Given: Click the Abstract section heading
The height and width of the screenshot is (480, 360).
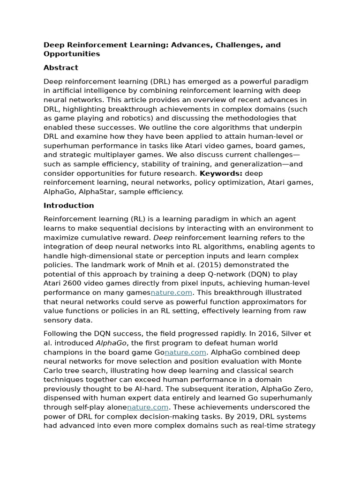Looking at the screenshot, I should tap(61, 67).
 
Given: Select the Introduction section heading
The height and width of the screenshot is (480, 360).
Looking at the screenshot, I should tap(69, 205).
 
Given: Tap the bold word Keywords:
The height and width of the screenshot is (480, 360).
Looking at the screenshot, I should tap(221, 173).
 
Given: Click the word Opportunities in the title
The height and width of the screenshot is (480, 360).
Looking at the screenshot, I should tap(72, 54).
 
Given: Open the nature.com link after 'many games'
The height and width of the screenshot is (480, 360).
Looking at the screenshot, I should tap(172, 292).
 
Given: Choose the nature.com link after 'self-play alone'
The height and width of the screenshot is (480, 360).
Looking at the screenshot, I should tap(148, 407).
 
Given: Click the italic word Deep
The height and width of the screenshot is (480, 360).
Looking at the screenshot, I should tap(163, 238).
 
